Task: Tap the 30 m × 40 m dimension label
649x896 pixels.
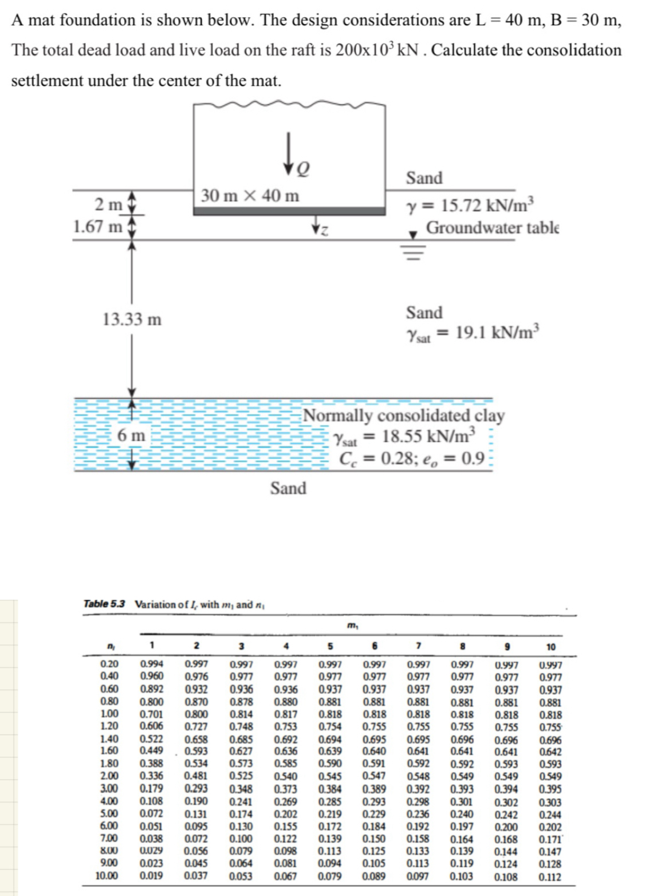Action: click(250, 196)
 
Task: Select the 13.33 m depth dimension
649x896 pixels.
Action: click(132, 319)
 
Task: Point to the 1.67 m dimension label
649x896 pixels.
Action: click(97, 227)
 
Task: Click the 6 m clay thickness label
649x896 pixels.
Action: click(131, 435)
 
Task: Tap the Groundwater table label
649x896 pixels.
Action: click(492, 228)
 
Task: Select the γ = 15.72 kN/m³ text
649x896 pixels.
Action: click(470, 205)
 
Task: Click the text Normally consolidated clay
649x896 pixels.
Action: click(403, 415)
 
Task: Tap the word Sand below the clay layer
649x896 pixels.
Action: click(288, 488)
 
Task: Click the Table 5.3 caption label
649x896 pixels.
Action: click(104, 604)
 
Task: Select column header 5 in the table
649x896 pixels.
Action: click(330, 646)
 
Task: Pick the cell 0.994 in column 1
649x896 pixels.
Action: click(152, 665)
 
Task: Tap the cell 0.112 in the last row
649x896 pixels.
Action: click(550, 877)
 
